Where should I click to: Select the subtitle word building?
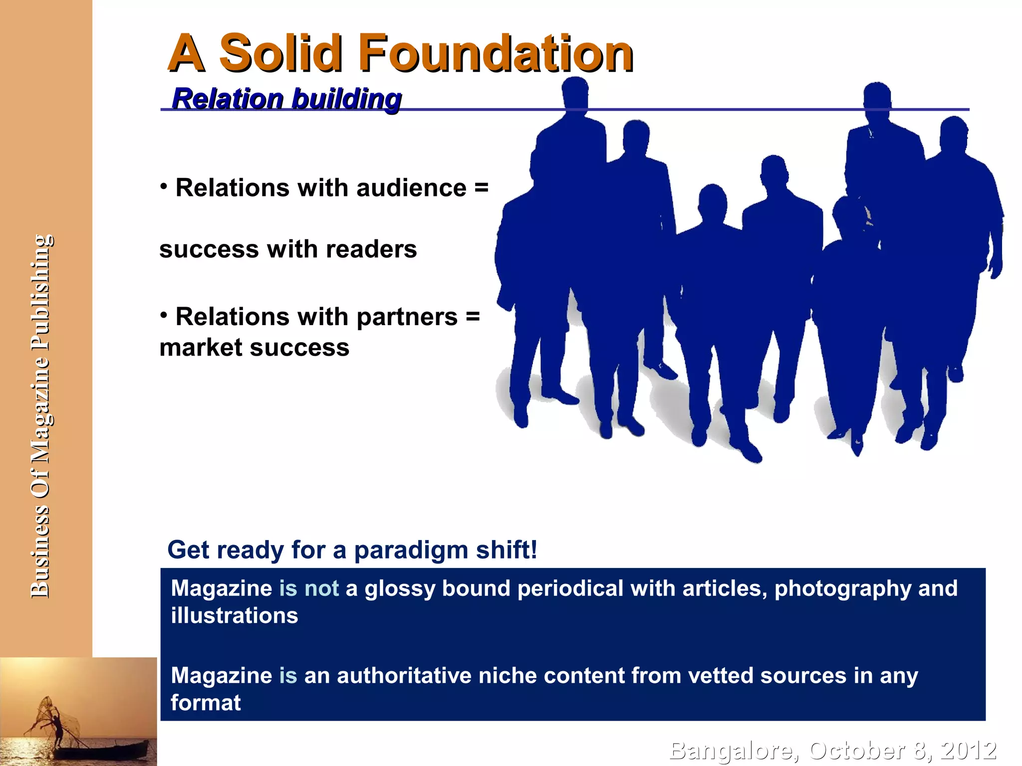pyautogui.click(x=346, y=98)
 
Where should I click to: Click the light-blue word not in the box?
pyautogui.click(x=321, y=588)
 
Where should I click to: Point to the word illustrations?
pyautogui.click(x=235, y=615)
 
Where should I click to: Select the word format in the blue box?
pyautogui.click(x=206, y=703)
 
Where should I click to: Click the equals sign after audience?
pyautogui.click(x=481, y=188)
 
